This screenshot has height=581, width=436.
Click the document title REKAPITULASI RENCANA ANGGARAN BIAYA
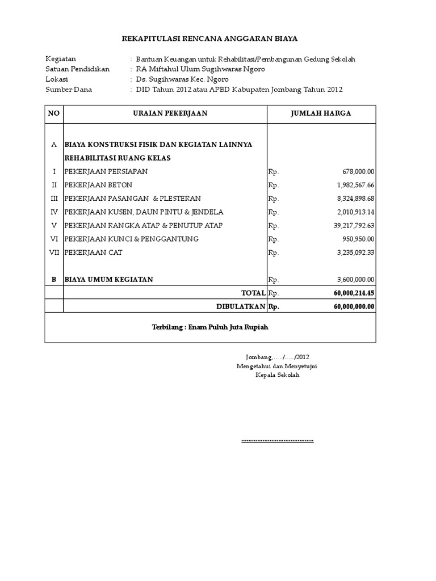pos(210,39)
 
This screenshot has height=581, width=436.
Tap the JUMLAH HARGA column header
pos(321,113)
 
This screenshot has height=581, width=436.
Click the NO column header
pos(54,113)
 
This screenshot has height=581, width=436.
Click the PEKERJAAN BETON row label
pos(98,186)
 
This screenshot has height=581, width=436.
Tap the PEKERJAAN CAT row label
pos(93,252)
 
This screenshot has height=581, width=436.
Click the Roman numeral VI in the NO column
pos(54,239)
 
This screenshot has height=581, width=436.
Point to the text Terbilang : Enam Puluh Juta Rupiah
pos(210,328)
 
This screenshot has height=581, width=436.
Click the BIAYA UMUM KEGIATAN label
pos(108,280)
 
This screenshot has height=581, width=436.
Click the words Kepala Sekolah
pos(277,376)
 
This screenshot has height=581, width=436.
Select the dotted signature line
pos(277,440)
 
